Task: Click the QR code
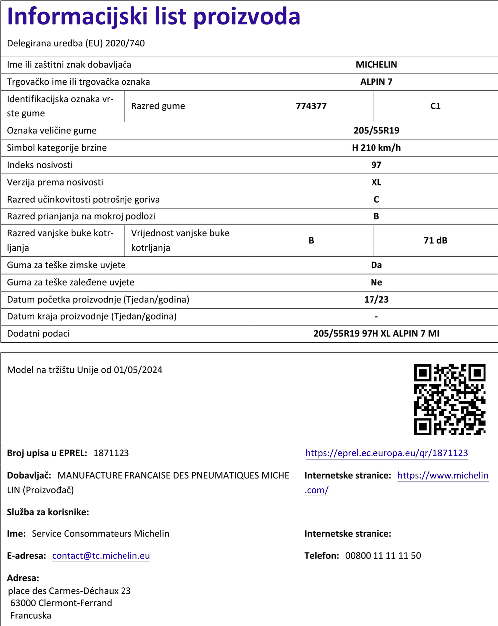pyautogui.click(x=450, y=400)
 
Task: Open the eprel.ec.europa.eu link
pyautogui.click(x=386, y=453)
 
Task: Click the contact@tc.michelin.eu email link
pyautogui.click(x=101, y=556)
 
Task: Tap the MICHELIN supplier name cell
pyautogui.click(x=376, y=65)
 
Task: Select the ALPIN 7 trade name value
pyautogui.click(x=376, y=82)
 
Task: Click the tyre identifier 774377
pyautogui.click(x=311, y=106)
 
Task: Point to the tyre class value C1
pyautogui.click(x=435, y=106)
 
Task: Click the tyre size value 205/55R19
pyautogui.click(x=376, y=131)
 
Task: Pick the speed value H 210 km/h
pyautogui.click(x=376, y=148)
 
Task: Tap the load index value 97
pyautogui.click(x=376, y=165)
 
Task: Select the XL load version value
pyautogui.click(x=376, y=182)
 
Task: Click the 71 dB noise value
pyautogui.click(x=435, y=241)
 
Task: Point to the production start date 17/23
pyautogui.click(x=376, y=300)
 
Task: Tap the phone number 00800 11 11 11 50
pyautogui.click(x=383, y=556)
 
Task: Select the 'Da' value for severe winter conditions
pyautogui.click(x=376, y=265)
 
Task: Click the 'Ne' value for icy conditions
pyautogui.click(x=376, y=282)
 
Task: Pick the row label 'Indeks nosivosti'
pyautogui.click(x=40, y=165)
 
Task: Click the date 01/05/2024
pyautogui.click(x=138, y=370)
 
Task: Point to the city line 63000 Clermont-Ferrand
pyautogui.click(x=61, y=603)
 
